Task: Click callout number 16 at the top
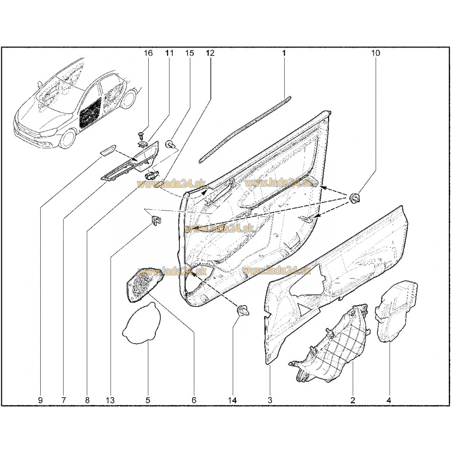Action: (x=148, y=53)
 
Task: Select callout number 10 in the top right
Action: (x=376, y=53)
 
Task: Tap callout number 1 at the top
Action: (x=284, y=53)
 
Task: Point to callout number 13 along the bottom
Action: (x=110, y=400)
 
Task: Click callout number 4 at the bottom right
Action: (x=389, y=400)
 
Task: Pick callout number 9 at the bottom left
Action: (x=40, y=400)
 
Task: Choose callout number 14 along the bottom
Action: (x=232, y=400)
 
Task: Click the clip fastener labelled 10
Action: (x=354, y=198)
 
